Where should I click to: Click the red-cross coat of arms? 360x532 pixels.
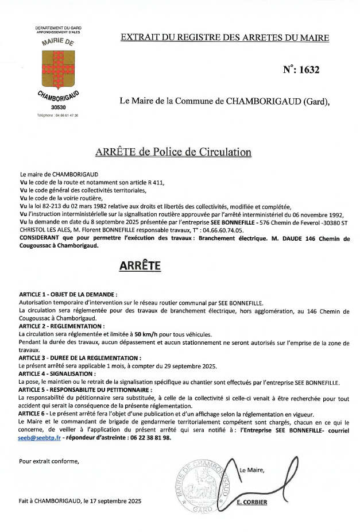pos(58,70)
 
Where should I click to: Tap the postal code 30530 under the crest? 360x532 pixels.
pos(58,107)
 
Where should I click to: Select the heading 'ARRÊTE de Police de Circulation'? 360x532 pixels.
pos(173,152)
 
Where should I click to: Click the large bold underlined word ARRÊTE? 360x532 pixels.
pos(140,265)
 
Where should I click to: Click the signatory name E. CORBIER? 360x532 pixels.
pos(252,502)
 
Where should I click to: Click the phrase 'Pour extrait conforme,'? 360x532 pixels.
pos(49,461)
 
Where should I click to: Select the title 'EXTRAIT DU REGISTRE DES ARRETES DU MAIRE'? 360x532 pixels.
pos(225,38)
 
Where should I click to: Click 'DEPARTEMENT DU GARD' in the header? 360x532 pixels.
pos(58,28)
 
